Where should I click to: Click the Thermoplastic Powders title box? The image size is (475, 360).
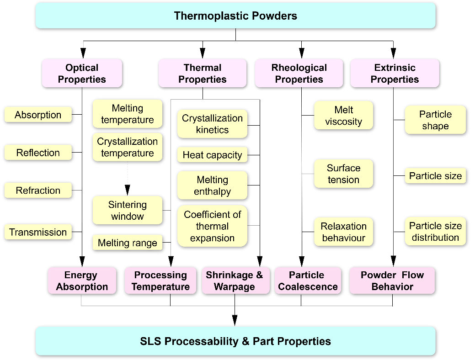coord(235,16)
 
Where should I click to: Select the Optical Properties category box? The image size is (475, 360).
coord(82,73)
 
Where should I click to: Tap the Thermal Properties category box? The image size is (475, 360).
coord(202,73)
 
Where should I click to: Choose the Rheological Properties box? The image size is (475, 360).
coord(299,73)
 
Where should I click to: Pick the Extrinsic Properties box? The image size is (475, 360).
coord(395,73)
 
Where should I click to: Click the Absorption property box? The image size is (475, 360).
coord(38,115)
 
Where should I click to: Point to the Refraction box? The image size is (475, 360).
coord(38,191)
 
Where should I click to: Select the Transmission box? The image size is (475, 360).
coord(38,232)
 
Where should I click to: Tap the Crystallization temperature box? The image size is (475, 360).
coord(127,147)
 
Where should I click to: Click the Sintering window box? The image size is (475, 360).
coord(127,210)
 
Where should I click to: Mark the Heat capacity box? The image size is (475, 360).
coord(212,155)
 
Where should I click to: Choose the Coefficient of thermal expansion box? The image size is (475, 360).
coord(212,226)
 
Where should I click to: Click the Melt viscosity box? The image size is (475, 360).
coord(343,116)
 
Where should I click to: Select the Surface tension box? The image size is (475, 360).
coord(343,174)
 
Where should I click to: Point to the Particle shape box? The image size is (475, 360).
coord(435,120)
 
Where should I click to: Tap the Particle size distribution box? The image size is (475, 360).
coord(435,231)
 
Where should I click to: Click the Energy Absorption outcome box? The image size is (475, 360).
coord(82,281)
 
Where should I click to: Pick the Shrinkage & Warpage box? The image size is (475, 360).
coord(234,281)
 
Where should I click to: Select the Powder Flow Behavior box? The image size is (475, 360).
coord(392,281)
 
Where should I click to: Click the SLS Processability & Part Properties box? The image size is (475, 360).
coord(235,341)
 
